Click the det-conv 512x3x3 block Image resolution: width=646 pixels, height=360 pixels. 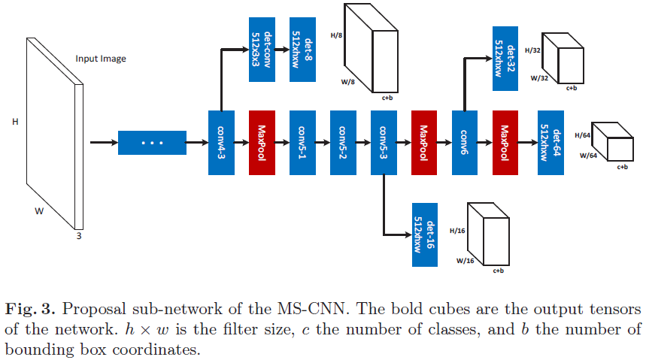[x=262, y=50]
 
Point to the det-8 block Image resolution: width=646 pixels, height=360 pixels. [x=302, y=50]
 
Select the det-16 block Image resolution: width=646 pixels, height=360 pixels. [x=424, y=234]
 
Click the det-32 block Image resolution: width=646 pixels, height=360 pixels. [x=505, y=58]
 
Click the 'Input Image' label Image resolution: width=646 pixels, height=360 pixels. [x=101, y=59]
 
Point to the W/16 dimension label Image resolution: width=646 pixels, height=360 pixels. [x=465, y=261]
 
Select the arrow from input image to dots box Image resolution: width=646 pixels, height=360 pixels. [x=104, y=142]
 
